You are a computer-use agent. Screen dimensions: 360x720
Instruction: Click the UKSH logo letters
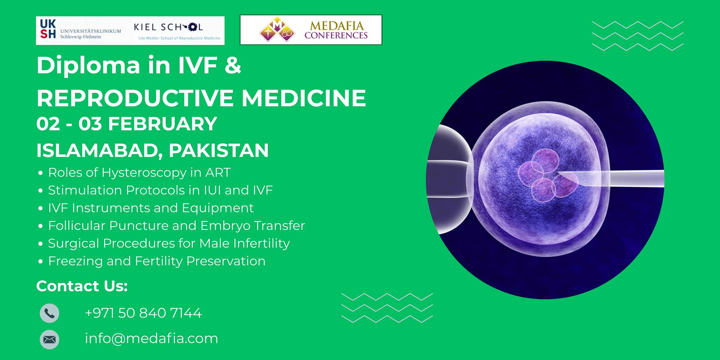point(48,29)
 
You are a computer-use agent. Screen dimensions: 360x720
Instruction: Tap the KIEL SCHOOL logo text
point(168,27)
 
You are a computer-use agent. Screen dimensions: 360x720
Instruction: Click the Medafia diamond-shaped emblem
point(277,29)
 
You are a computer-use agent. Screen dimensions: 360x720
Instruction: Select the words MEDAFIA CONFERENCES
point(336,30)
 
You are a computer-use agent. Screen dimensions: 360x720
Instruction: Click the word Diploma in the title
point(88,66)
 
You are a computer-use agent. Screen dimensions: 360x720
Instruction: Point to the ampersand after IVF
point(232,65)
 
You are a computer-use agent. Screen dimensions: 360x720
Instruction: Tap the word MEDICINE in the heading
point(303,98)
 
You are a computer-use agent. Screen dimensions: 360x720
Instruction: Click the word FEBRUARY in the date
point(162,124)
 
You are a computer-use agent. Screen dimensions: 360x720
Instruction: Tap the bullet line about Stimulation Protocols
point(160,190)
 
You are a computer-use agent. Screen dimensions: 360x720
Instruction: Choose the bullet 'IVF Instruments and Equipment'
point(151,208)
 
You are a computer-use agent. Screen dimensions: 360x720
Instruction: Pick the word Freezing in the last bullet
point(75,261)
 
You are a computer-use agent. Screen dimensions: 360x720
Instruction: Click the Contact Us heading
point(82,286)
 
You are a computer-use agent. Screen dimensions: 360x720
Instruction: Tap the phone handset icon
point(49,313)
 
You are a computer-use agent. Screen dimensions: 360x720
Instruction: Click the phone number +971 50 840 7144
point(143,313)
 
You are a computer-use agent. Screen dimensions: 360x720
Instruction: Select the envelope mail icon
point(49,339)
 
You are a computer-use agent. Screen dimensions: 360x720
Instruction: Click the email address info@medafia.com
point(151,339)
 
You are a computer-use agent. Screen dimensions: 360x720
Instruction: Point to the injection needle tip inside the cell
point(559,174)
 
